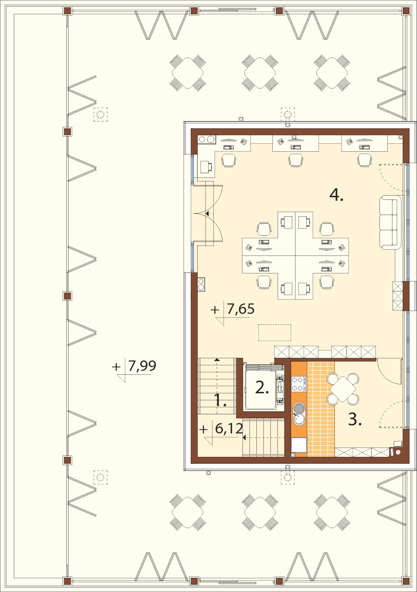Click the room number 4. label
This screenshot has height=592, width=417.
(x=336, y=195)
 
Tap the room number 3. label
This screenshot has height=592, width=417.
(x=355, y=419)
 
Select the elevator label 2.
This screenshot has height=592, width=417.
(x=262, y=387)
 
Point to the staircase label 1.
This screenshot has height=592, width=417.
(x=220, y=400)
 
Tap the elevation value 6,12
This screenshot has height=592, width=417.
(x=229, y=428)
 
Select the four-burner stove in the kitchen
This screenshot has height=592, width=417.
(x=299, y=384)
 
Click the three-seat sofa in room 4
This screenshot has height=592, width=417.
(x=390, y=223)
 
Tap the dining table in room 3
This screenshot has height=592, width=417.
(x=343, y=389)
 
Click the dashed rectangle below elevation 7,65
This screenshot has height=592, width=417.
(x=275, y=333)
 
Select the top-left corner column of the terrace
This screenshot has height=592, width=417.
(x=67, y=11)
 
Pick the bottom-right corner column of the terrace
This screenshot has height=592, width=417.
(x=406, y=581)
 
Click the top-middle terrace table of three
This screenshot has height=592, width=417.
(x=260, y=73)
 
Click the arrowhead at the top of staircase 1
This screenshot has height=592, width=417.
(x=217, y=360)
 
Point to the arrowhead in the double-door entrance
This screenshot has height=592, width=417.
(x=207, y=214)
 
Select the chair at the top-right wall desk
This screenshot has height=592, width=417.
(x=365, y=160)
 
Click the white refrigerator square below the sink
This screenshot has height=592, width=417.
(x=299, y=445)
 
